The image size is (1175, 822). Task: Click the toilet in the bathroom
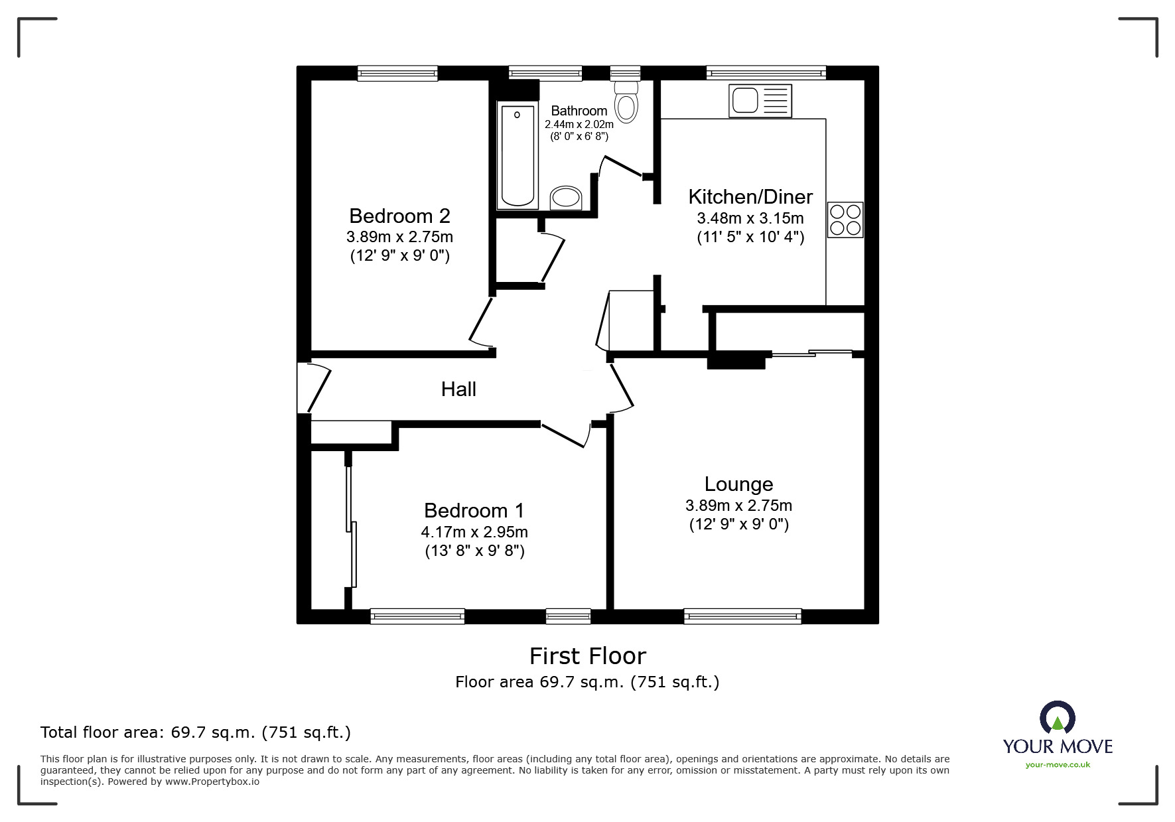[626, 103]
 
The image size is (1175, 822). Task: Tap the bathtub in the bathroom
[518, 156]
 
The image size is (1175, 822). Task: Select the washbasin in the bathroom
[566, 198]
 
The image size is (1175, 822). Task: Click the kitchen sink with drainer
[760, 102]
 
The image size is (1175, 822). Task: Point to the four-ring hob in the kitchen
[845, 220]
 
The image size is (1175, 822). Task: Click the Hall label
[458, 389]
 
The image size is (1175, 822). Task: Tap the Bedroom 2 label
[399, 216]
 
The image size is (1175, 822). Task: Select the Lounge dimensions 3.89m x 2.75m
[738, 506]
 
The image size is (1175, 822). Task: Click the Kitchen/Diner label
[750, 197]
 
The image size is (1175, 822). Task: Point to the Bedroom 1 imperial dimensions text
[474, 551]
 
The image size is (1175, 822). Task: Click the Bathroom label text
[579, 111]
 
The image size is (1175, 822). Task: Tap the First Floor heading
[587, 656]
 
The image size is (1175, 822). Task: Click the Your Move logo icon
[1057, 719]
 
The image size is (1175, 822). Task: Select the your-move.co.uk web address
[1058, 765]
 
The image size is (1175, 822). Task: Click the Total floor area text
[196, 732]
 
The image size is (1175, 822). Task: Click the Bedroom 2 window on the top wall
[397, 73]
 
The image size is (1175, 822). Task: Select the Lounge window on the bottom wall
[742, 616]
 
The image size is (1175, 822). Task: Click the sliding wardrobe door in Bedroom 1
[351, 524]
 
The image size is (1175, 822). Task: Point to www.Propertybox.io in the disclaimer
[212, 782]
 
